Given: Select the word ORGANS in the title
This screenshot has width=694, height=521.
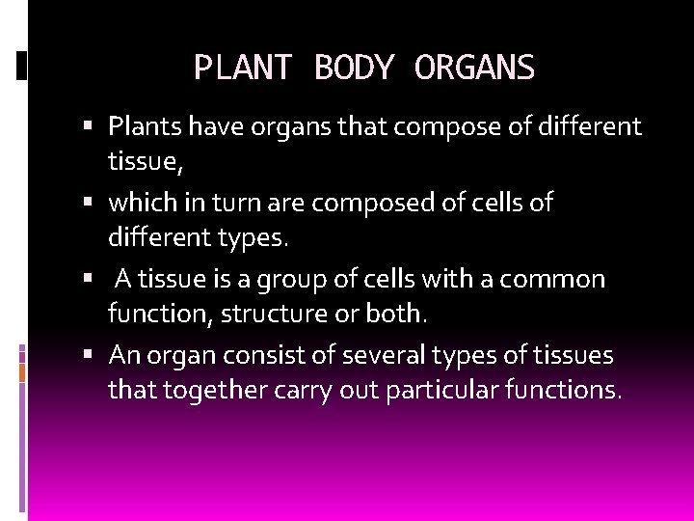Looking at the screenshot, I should (474, 68).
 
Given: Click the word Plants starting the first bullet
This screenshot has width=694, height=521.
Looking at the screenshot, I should (146, 126).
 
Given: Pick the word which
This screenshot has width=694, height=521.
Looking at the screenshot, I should (141, 203).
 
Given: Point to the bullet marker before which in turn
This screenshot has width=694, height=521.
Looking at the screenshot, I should (89, 203).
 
